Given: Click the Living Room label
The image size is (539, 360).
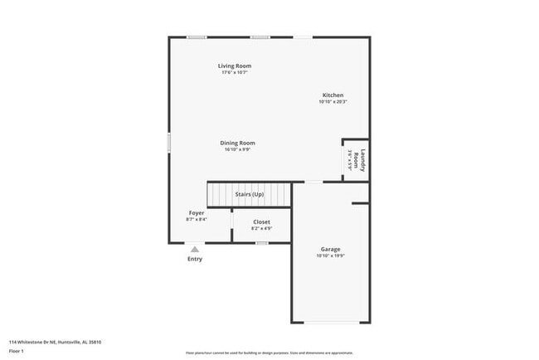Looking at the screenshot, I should [235, 66].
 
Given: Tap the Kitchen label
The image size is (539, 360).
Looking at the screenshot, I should [333, 95].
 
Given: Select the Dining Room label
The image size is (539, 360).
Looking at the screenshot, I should [237, 143].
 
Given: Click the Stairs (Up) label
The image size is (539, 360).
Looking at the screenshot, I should [250, 194].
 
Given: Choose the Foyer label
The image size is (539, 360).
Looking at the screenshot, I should [197, 213].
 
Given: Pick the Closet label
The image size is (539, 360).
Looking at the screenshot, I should [261, 221].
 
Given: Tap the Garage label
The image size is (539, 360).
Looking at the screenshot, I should [330, 249].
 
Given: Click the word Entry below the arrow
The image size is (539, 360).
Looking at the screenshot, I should [194, 259].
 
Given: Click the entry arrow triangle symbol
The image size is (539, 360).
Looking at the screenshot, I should [195, 248].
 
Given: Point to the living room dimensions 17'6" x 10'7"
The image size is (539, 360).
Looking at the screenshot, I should [235, 72].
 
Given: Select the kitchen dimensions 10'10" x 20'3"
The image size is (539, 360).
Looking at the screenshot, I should [333, 102].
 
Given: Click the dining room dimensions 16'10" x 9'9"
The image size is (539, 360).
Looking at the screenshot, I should [237, 149].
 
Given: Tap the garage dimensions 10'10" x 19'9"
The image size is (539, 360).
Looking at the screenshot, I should [330, 256].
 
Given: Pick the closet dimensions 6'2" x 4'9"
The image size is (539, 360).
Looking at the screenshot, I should [261, 228].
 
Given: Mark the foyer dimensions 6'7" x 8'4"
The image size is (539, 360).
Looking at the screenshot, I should [197, 220].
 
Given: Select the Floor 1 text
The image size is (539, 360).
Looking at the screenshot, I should [16, 351].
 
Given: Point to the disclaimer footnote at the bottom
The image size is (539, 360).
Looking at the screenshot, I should [269, 353].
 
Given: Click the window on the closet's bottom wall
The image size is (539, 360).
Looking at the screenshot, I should [261, 243].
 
